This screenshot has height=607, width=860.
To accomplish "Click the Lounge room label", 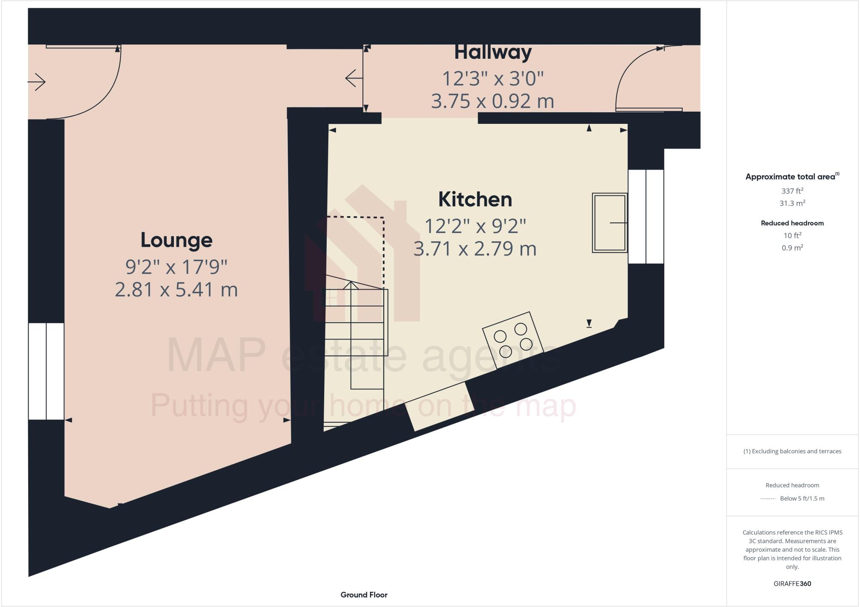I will tap(176, 240).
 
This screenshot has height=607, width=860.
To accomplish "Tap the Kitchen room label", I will tap(475, 199).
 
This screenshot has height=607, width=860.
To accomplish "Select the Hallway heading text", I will tap(493, 52).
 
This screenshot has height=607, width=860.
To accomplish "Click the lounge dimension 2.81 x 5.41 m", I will tap(176, 290).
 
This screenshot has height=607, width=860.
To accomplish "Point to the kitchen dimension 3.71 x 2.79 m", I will tap(475, 249).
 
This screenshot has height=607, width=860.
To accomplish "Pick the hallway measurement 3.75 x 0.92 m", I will tap(493, 101).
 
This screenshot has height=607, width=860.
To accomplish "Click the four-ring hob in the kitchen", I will tap(513, 340).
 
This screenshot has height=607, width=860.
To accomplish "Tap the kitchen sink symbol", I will tap(609, 222).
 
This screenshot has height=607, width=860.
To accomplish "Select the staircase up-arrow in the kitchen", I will tap(351, 285).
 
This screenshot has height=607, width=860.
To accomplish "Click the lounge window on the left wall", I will tap(46, 371).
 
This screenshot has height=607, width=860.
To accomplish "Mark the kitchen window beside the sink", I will tap(645, 216).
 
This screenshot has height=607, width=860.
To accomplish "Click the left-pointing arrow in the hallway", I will tap(354, 78).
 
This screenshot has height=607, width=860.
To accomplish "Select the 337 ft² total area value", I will tap(792, 191).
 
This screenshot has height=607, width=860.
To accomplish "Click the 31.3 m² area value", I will tap(792, 203).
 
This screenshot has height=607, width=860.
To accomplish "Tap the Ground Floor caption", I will tap(364, 594).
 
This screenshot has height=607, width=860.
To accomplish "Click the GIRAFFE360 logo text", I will tap(792, 583).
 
